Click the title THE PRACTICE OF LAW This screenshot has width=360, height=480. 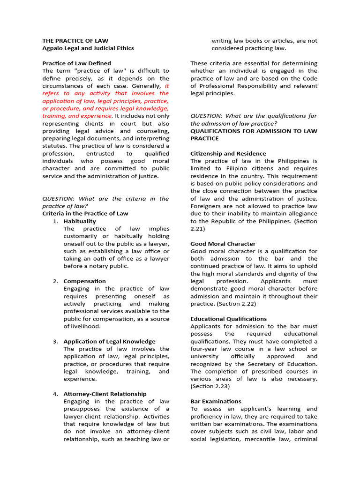75,41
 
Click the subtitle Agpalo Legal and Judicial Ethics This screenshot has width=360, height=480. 88,48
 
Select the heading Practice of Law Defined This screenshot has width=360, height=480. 77,63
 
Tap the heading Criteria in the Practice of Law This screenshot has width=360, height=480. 85,213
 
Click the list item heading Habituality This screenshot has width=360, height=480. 80,221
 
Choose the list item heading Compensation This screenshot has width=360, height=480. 85,281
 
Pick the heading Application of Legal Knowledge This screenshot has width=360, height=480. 109,341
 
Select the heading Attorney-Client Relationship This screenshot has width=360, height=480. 105,394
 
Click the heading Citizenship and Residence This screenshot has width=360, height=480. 228,153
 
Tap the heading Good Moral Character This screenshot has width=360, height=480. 223,244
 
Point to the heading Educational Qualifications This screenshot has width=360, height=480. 228,319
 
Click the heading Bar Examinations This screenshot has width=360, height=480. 216,401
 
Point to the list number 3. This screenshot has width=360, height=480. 55,341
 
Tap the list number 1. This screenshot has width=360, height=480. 55,221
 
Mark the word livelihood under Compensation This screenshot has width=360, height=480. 85,326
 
